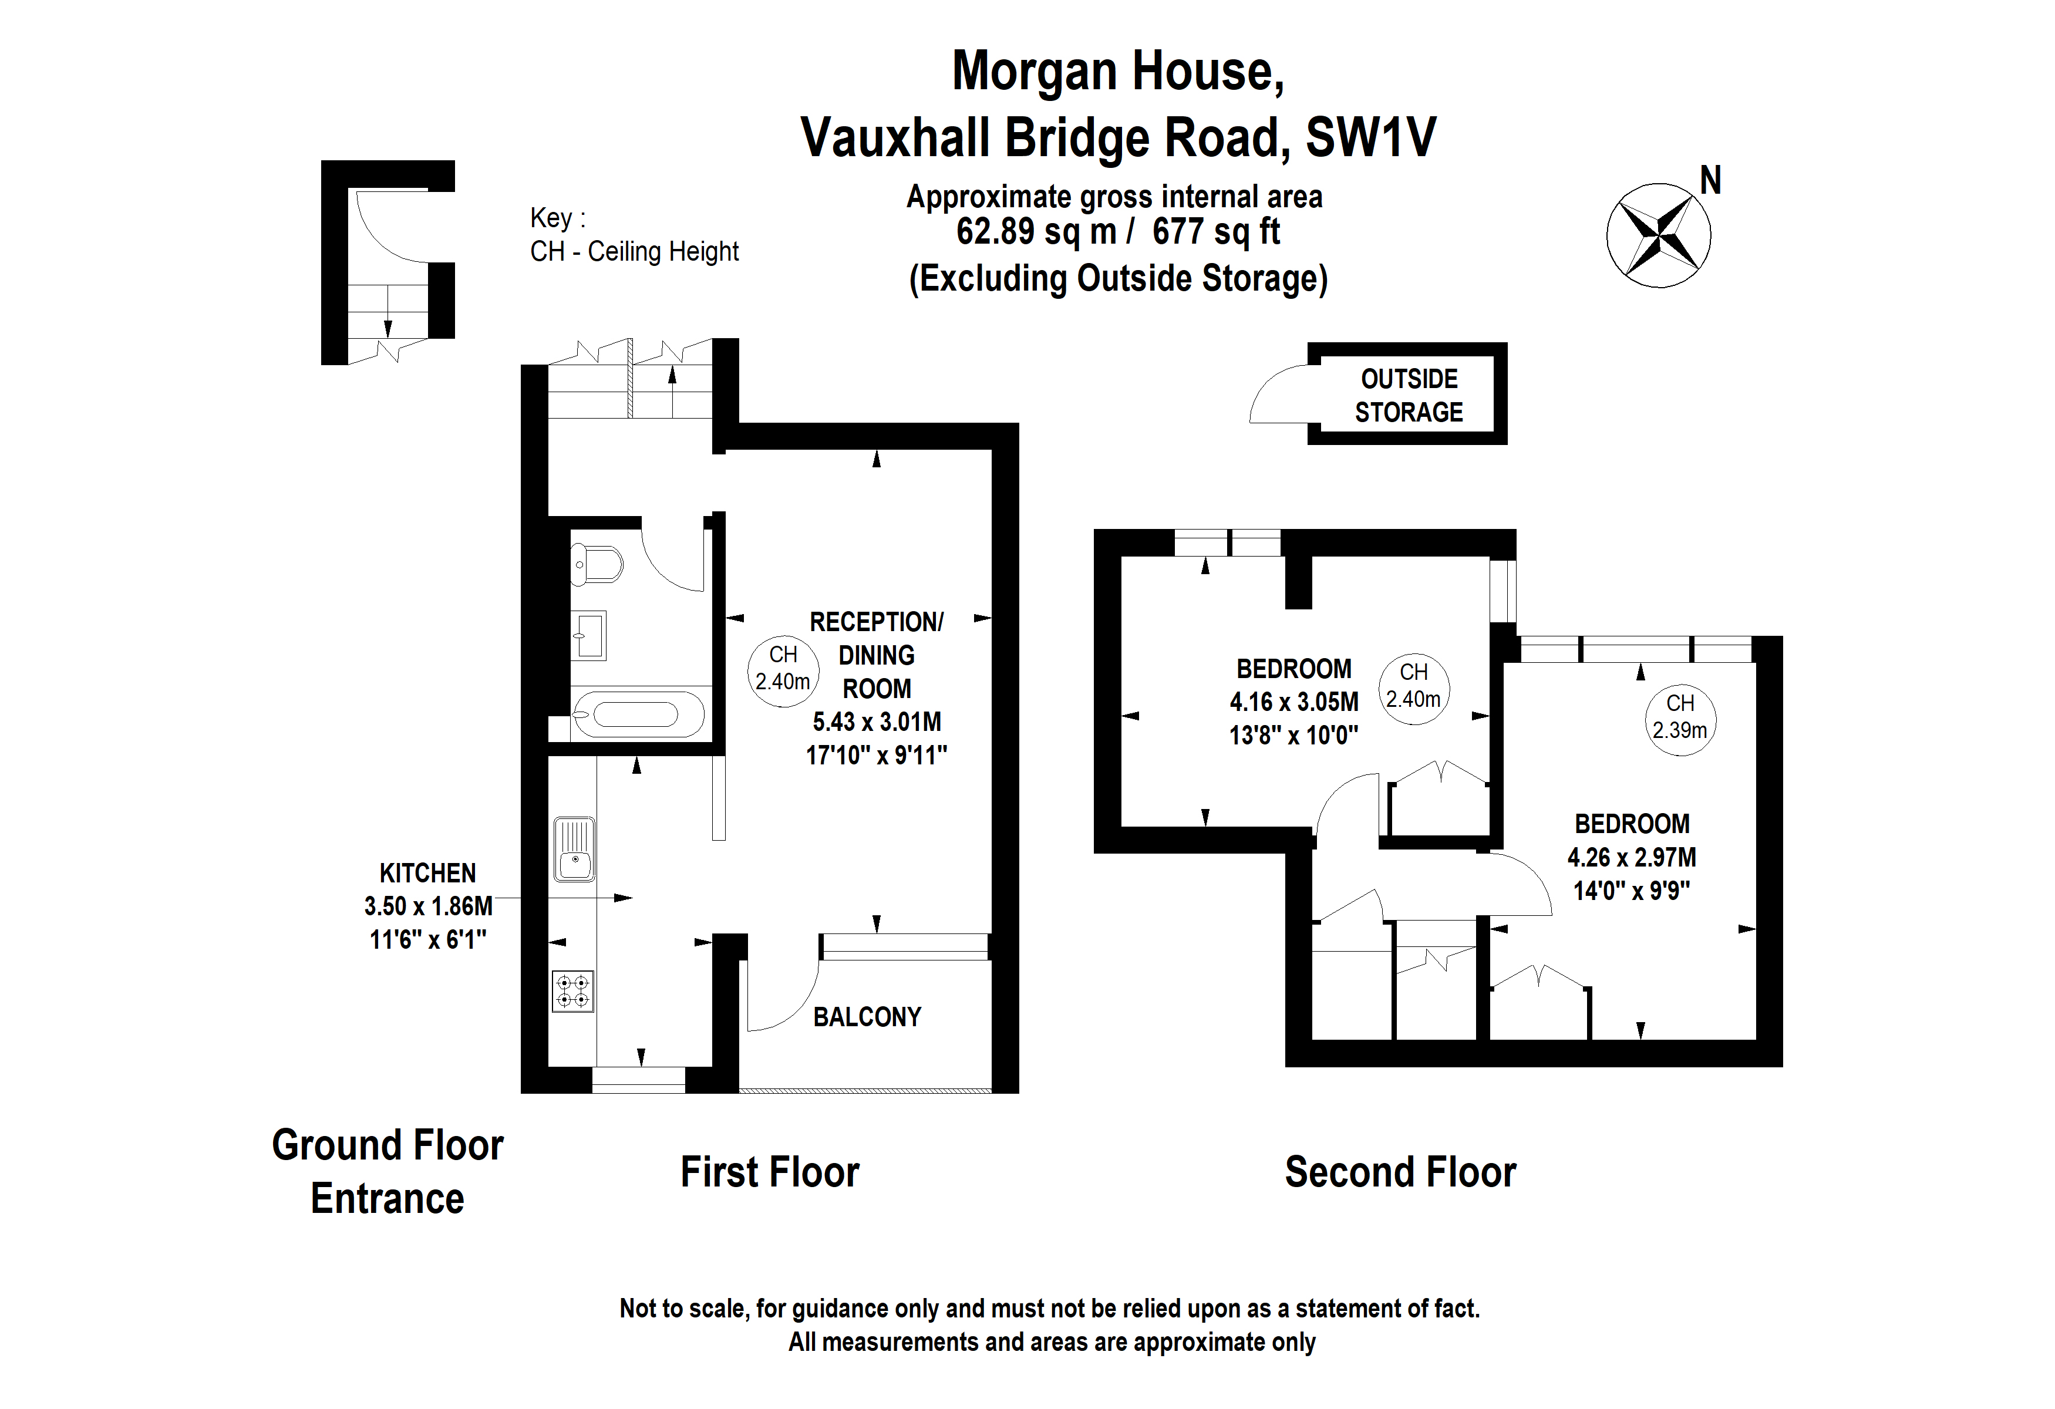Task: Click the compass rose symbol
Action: pyautogui.click(x=1658, y=235)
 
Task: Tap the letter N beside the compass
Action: pyautogui.click(x=1710, y=181)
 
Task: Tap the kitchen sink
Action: pyautogui.click(x=574, y=850)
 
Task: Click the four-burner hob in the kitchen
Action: pyautogui.click(x=572, y=991)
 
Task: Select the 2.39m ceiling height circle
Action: pyautogui.click(x=1679, y=720)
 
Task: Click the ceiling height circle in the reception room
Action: pyautogui.click(x=783, y=671)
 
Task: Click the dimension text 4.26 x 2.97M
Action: pyautogui.click(x=1632, y=857)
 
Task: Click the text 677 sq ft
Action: pyautogui.click(x=1216, y=231)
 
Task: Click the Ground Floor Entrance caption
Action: pyautogui.click(x=388, y=1171)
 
